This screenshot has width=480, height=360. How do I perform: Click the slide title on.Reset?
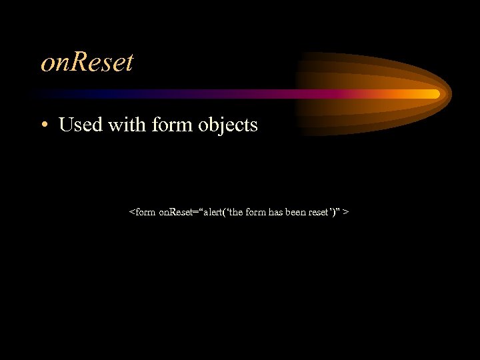(87, 63)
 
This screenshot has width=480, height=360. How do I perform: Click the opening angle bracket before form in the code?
(131, 213)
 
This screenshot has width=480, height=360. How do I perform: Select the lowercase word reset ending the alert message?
(317, 212)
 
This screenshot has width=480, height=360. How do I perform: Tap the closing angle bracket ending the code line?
(348, 213)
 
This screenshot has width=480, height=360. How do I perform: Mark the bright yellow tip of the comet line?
(435, 94)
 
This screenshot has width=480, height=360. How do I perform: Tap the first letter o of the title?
(47, 65)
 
